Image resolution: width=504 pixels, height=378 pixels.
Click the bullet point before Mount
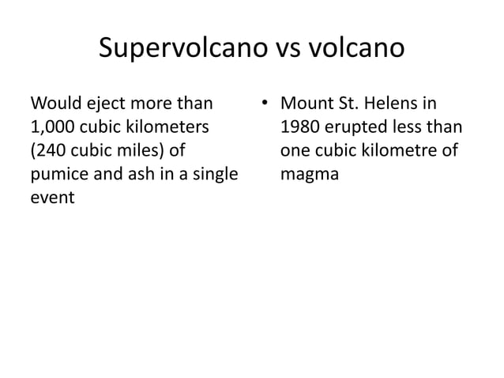[x=263, y=104]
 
